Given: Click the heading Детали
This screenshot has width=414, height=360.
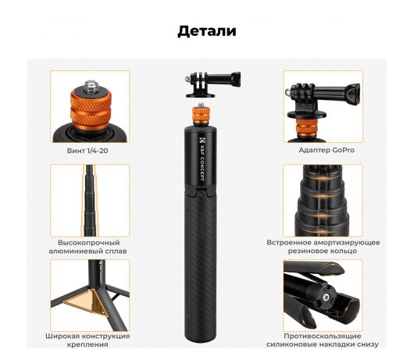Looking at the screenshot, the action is pyautogui.click(x=207, y=31).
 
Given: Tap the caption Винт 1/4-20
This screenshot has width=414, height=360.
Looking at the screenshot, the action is pyautogui.click(x=87, y=151).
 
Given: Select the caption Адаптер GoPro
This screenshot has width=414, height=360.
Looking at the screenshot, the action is pyautogui.click(x=327, y=150).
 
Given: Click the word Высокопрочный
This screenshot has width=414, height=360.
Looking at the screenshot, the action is pyautogui.click(x=89, y=243).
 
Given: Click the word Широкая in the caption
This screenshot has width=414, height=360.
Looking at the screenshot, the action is pyautogui.click(x=62, y=336).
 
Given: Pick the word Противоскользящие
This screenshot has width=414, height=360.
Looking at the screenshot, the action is pyautogui.click(x=323, y=336).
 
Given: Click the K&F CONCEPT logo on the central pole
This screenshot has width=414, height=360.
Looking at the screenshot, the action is pyautogui.click(x=202, y=159).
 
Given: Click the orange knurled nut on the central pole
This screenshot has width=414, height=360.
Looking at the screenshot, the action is pyautogui.click(x=200, y=116).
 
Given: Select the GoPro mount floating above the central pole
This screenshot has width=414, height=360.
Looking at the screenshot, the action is pyautogui.click(x=212, y=84).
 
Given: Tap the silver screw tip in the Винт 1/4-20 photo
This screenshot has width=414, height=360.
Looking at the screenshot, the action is pyautogui.click(x=91, y=86).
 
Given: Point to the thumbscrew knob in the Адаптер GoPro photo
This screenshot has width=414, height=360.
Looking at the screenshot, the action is pyautogui.click(x=352, y=94).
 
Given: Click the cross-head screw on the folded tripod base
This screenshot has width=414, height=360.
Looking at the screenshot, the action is pyautogui.click(x=327, y=298).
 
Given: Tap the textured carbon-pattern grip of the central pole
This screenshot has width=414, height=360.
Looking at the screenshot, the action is pyautogui.click(x=200, y=264).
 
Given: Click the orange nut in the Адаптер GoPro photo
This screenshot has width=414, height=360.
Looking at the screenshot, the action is pyautogui.click(x=306, y=128).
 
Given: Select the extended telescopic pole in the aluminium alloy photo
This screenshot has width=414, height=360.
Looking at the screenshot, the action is pyautogui.click(x=90, y=201).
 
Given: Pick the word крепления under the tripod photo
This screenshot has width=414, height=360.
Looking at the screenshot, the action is pyautogui.click(x=87, y=344).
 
